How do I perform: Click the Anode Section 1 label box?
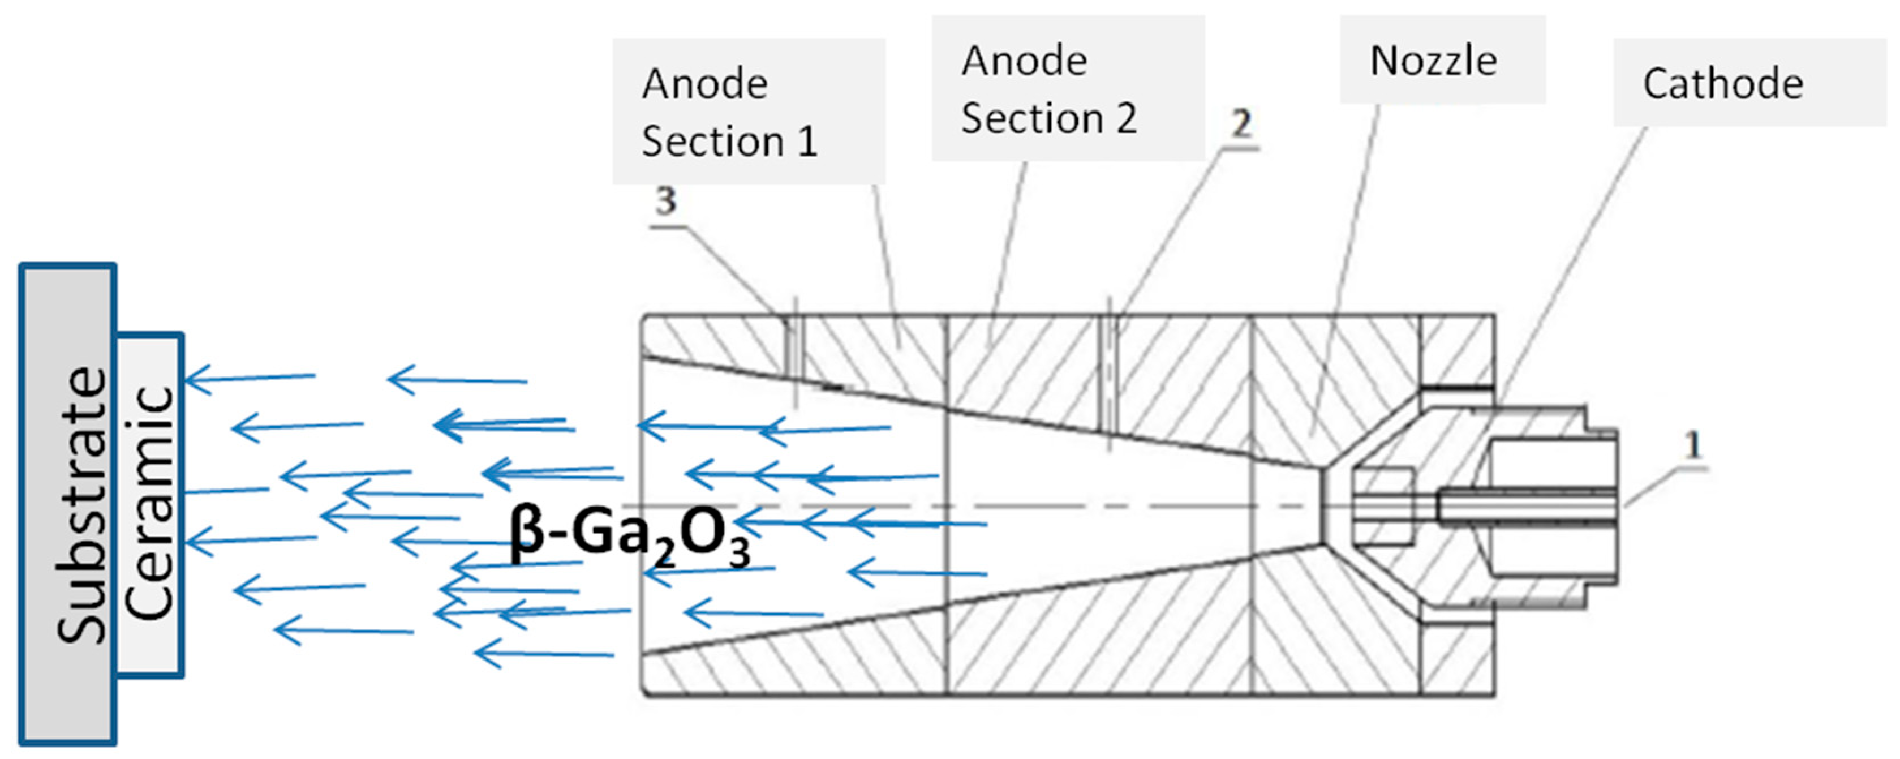748,112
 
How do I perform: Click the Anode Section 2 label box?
1067,88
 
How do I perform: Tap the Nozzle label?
1433,61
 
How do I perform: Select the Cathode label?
1722,83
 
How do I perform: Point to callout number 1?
1693,445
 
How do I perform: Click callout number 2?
1241,123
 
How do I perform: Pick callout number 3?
666,200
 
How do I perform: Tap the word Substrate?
83,505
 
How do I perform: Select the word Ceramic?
150,504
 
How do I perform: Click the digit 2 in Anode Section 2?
1125,119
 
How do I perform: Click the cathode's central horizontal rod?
1527,506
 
